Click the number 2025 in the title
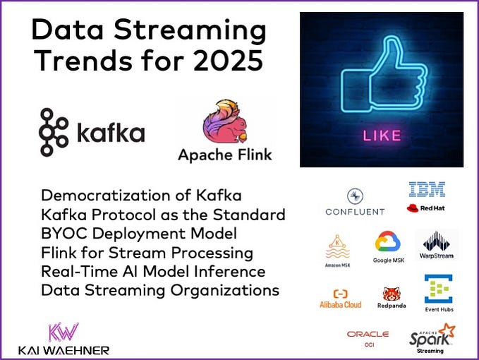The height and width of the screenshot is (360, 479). point(227,61)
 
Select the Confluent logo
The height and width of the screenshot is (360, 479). point(355,202)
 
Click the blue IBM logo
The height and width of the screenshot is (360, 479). point(427,189)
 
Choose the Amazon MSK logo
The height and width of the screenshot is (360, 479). point(338,251)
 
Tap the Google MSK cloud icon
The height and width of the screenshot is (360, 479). point(387,243)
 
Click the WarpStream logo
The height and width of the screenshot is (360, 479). point(437,246)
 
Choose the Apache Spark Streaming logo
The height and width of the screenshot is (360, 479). point(431,337)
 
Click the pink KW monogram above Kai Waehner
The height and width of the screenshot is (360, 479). point(61,332)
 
